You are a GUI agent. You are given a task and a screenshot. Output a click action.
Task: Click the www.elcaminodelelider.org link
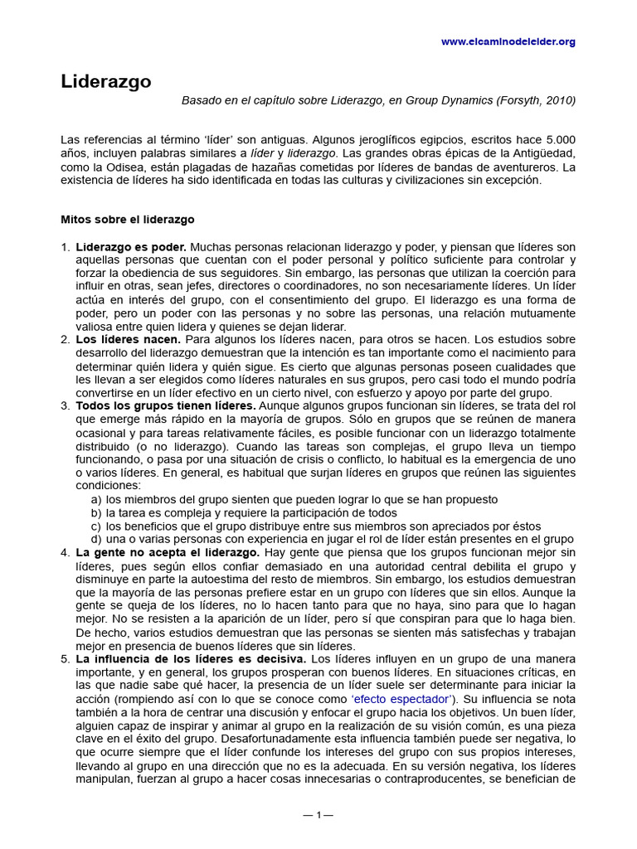(508, 41)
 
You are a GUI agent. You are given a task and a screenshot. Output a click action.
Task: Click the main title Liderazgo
(105, 81)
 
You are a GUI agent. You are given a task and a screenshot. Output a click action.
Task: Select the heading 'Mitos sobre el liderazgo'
(128, 220)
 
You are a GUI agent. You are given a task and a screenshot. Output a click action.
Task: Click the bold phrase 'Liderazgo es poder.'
(131, 247)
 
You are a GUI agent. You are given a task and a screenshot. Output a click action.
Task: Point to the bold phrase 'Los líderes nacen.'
(129, 340)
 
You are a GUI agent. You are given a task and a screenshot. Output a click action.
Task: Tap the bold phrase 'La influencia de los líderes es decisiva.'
(192, 659)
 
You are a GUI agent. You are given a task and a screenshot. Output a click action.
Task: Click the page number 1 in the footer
(318, 815)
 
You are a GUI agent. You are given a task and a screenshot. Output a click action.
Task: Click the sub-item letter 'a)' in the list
(96, 499)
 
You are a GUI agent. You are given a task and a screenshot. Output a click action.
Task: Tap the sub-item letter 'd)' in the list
(96, 539)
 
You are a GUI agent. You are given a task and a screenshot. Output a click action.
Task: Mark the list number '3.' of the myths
(66, 405)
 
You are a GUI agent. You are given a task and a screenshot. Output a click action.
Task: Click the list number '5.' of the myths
(66, 659)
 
